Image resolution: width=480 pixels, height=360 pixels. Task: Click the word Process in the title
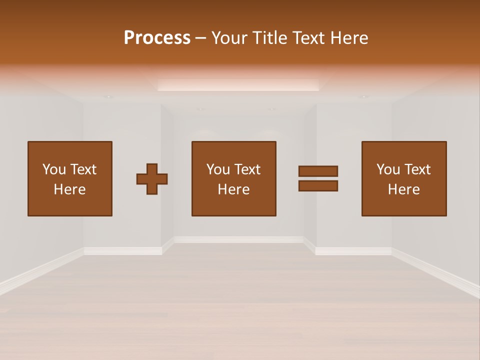point(157,37)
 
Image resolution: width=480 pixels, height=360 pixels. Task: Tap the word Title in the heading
point(270,37)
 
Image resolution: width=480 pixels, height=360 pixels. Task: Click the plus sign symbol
point(152,178)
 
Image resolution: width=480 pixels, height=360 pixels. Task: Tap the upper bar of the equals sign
point(318,171)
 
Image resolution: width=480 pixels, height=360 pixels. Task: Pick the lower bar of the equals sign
point(318,186)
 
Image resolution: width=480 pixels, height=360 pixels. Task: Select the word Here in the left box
point(69,189)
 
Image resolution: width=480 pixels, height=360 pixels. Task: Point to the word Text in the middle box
point(247,169)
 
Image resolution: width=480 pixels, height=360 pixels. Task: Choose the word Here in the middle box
point(233,189)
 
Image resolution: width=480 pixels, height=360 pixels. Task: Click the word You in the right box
point(388,169)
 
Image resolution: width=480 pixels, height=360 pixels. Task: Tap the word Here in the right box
point(403,189)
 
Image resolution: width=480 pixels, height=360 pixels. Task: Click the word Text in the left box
point(83,169)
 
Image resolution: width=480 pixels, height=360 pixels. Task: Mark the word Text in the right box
point(417,169)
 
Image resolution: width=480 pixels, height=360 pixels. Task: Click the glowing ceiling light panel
point(238,85)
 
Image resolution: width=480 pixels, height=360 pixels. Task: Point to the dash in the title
point(200,38)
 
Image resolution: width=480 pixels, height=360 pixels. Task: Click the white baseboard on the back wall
point(238,239)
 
